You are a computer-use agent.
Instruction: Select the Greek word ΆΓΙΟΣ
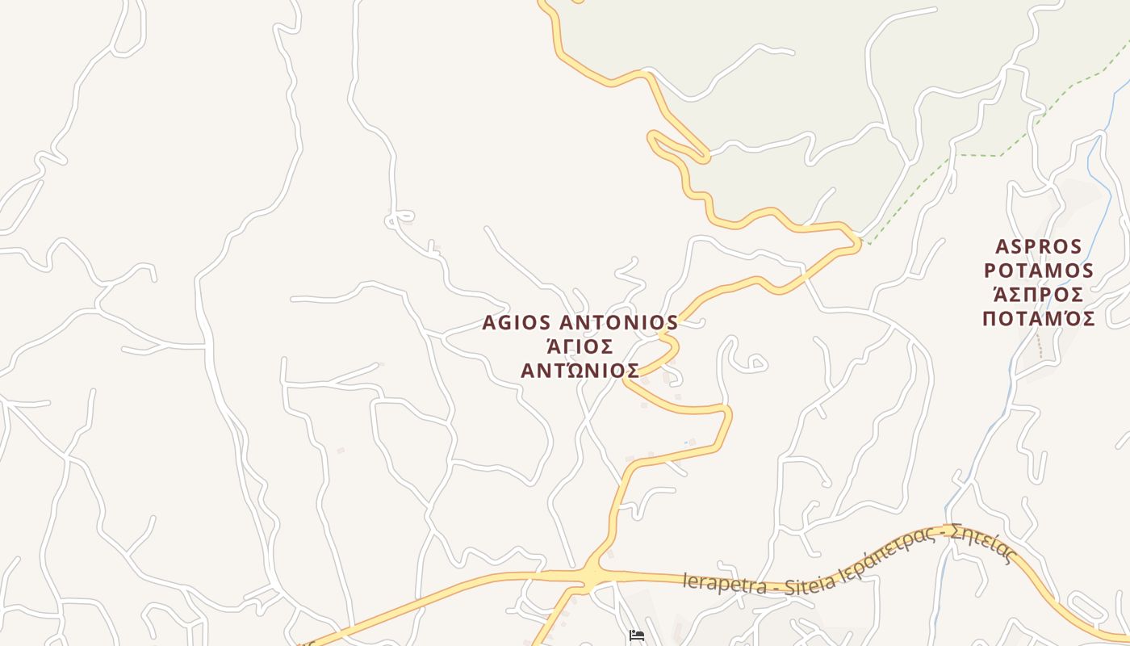[580, 347]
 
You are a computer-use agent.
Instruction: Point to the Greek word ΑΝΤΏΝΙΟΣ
[580, 371]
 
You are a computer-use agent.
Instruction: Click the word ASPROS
[1038, 246]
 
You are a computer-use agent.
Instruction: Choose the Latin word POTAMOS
[1038, 271]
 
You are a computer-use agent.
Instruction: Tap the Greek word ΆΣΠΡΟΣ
[1038, 295]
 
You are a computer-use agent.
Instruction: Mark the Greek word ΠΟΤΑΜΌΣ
[1038, 318]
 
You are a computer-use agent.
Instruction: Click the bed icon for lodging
[637, 636]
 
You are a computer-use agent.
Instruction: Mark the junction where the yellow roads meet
[593, 575]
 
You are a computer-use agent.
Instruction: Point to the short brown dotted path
[1040, 347]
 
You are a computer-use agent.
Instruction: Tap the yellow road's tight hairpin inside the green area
[654, 137]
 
